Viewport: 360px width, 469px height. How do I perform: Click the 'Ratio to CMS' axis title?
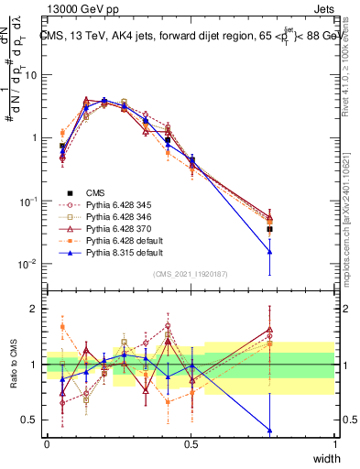(x=13, y=365)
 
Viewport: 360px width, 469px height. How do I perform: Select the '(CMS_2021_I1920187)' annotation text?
(x=191, y=274)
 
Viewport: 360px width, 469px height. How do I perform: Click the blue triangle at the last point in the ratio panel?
(x=269, y=430)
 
